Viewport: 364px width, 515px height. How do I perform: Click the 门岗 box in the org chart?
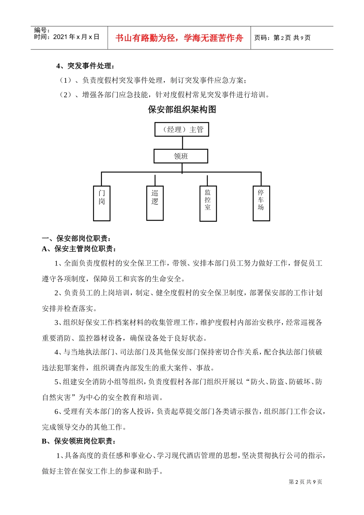pyautogui.click(x=102, y=203)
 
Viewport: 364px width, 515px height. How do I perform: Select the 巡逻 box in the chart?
pyautogui.click(x=155, y=203)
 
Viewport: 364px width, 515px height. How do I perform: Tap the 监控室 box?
pyautogui.click(x=208, y=203)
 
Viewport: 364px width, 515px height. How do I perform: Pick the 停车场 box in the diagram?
pyautogui.click(x=261, y=203)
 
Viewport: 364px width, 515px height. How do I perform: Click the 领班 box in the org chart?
pyautogui.click(x=181, y=156)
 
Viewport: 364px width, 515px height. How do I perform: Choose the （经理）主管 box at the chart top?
pyautogui.click(x=182, y=130)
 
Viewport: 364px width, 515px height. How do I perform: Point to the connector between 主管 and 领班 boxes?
pyautogui.click(x=182, y=143)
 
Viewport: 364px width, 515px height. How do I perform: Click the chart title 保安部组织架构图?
pyautogui.click(x=182, y=110)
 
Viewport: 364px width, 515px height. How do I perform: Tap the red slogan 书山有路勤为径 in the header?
pyautogui.click(x=179, y=38)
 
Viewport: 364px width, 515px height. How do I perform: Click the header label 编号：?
pyautogui.click(x=42, y=30)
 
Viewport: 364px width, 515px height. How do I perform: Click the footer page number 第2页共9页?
pyautogui.click(x=305, y=482)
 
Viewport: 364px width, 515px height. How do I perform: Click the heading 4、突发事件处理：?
pyautogui.click(x=85, y=66)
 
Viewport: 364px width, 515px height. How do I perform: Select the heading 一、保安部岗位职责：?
pyautogui.click(x=77, y=239)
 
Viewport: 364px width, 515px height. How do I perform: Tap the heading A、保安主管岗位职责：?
pyautogui.click(x=79, y=249)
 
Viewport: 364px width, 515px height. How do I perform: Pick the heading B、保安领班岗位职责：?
pyautogui.click(x=79, y=441)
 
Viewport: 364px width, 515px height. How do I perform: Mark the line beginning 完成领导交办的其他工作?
pyautogui.click(x=84, y=427)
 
